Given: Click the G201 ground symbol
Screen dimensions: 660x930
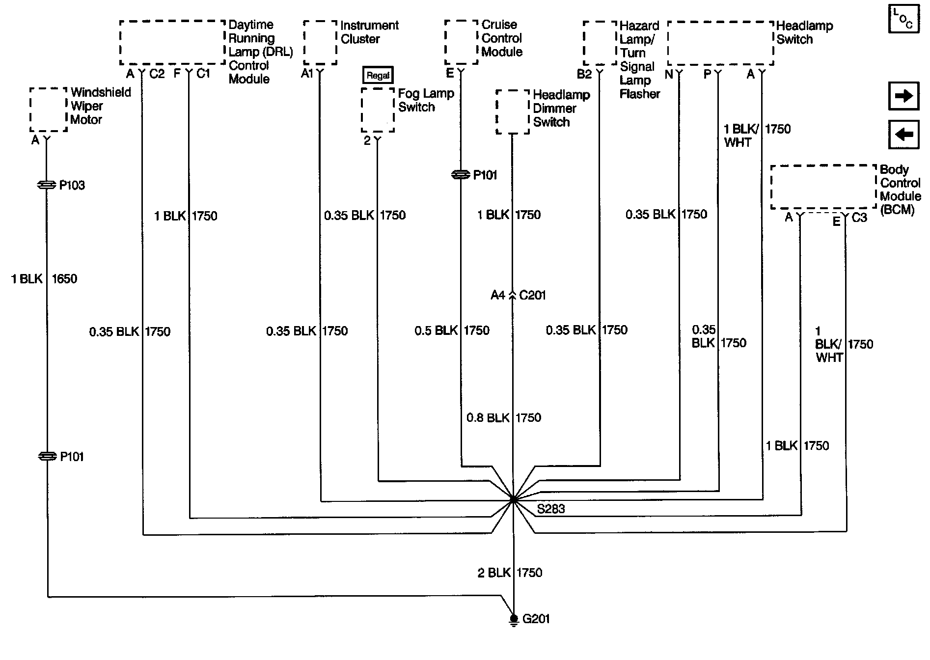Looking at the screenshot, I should [x=513, y=619].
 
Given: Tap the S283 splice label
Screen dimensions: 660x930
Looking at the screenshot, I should [x=551, y=509].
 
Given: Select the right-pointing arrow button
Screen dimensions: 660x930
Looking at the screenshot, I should [x=903, y=96].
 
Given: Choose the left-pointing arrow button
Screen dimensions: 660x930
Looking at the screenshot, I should [x=903, y=134].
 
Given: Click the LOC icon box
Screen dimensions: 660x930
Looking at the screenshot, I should [x=903, y=20].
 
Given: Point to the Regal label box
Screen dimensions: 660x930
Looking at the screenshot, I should [x=378, y=75].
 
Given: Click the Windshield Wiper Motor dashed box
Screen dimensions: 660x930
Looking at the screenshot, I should [x=48, y=110].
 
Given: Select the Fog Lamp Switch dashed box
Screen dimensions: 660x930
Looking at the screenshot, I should [x=378, y=110].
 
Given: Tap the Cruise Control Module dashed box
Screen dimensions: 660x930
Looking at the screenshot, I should [x=461, y=42].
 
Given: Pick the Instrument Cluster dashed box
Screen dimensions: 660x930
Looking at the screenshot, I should [x=320, y=43].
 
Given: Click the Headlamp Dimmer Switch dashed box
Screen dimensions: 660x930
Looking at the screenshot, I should [x=513, y=111].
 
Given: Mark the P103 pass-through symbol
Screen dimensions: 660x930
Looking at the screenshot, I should [x=47, y=185].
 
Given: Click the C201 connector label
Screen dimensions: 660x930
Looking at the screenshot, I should [x=532, y=296].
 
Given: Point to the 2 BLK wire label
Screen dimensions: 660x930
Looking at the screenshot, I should [x=494, y=573].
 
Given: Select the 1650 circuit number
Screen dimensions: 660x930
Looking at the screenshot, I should [x=64, y=279].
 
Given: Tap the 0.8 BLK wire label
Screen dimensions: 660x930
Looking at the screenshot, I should [x=488, y=418].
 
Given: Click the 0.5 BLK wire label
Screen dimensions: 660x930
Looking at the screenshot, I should [x=436, y=330].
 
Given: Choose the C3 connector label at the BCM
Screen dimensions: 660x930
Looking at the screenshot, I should [x=859, y=218].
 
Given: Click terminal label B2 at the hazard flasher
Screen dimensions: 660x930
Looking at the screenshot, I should [x=584, y=74].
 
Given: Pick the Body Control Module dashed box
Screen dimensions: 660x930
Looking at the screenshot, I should [x=823, y=187].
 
